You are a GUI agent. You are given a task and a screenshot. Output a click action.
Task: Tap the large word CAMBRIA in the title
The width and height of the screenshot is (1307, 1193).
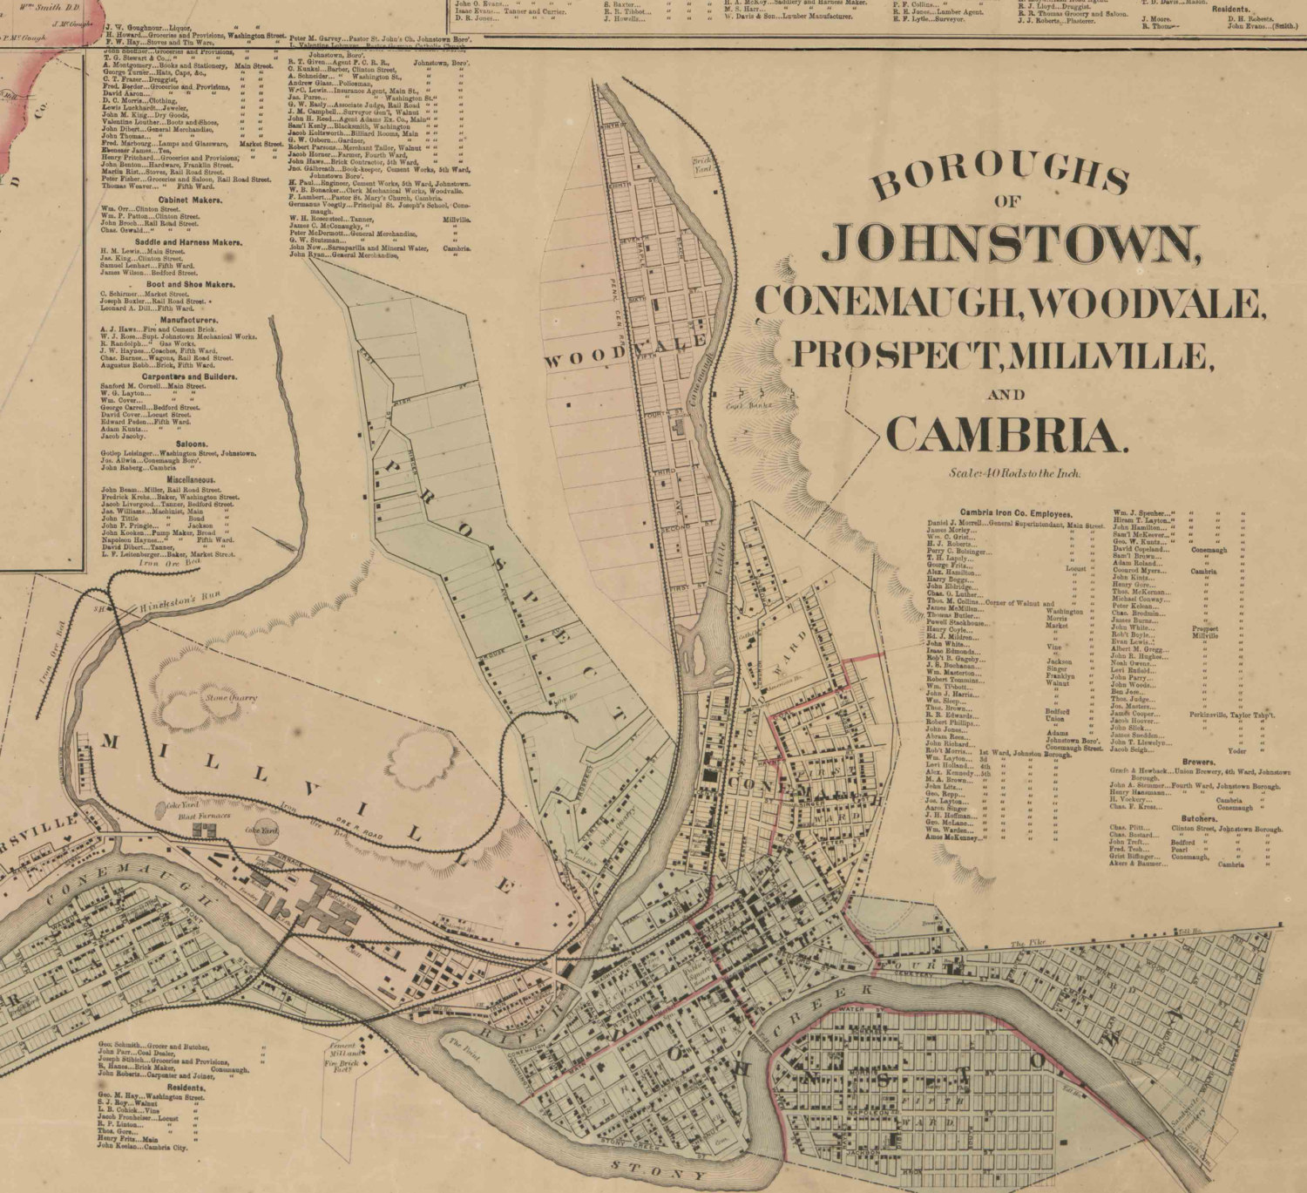pyautogui.click(x=1006, y=434)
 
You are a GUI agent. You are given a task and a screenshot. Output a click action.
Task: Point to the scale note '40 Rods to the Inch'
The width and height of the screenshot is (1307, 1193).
pyautogui.click(x=1015, y=473)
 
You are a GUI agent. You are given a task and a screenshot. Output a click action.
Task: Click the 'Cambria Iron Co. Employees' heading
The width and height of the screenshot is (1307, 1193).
pyautogui.click(x=1016, y=514)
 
